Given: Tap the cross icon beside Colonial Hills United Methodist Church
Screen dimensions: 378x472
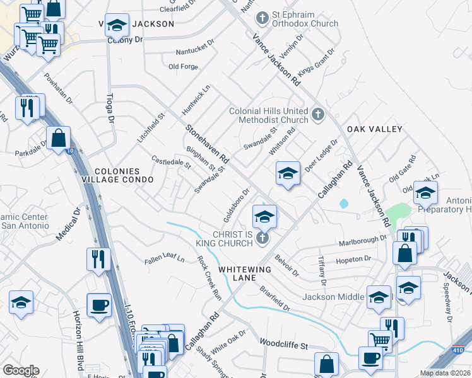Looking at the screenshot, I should [318, 115].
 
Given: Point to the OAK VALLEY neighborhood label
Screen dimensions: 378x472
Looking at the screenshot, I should [374, 129].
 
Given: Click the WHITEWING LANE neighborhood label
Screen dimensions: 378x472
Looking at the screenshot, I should [245, 269].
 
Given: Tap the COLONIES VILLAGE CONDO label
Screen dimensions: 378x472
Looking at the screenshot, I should [124, 175].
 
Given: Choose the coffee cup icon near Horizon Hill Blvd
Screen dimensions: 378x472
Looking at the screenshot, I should [98, 306].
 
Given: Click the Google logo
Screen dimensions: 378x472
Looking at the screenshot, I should [21, 370].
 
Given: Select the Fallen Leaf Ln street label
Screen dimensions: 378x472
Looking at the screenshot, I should [164, 259].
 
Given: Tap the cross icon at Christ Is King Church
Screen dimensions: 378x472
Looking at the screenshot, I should [264, 238].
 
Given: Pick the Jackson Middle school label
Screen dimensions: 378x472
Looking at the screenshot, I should [333, 297].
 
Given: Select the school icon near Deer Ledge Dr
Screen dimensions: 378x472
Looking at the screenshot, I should [287, 173].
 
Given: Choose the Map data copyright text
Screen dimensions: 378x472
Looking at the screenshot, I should [445, 373].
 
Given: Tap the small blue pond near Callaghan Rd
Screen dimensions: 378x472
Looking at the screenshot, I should [343, 204].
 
